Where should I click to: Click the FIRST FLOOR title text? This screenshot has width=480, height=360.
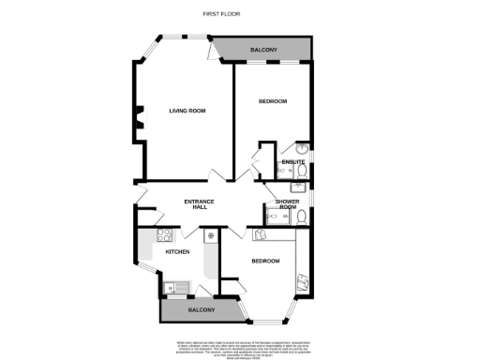tap(218, 13)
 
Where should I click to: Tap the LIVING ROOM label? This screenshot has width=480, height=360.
tap(187, 112)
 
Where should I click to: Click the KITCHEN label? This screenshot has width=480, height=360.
tap(178, 252)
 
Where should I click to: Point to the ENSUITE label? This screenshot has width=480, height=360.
tap(292, 163)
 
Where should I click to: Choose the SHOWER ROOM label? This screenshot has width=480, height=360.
tap(286, 205)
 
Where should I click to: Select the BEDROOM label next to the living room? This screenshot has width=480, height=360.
tap(273, 101)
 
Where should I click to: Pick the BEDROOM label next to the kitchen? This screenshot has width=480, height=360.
tap(265, 261)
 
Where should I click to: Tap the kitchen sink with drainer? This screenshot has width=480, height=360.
tap(173, 289)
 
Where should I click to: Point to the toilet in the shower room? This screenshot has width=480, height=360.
tap(301, 217)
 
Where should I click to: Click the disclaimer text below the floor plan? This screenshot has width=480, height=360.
tap(239, 347)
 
